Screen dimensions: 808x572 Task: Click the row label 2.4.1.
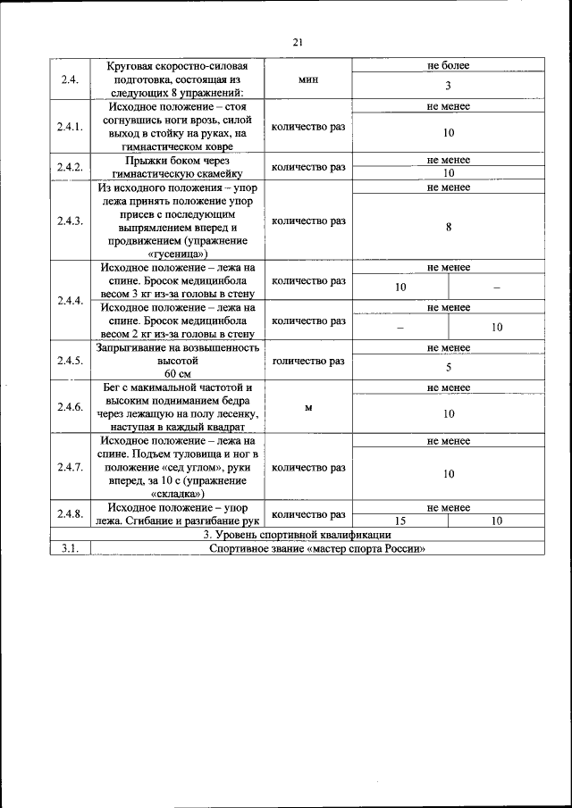[x=70, y=127]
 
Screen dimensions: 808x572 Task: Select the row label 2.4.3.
[x=70, y=221]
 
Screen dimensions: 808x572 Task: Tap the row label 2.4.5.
[x=70, y=361]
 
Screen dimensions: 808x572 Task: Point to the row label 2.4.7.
[x=70, y=467]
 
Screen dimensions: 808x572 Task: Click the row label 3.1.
[x=70, y=549]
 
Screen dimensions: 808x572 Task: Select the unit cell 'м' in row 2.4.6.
[x=308, y=407]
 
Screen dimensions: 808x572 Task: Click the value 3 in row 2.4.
[x=448, y=87]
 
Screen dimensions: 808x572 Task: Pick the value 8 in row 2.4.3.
[x=448, y=228]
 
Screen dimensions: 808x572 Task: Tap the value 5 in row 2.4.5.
[x=448, y=367]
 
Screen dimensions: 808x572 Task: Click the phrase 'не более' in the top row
[x=448, y=65]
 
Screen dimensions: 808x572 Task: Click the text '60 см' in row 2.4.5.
[x=178, y=373]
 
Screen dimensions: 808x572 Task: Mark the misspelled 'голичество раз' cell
[x=308, y=361]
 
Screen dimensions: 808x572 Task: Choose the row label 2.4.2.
[x=70, y=167]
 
